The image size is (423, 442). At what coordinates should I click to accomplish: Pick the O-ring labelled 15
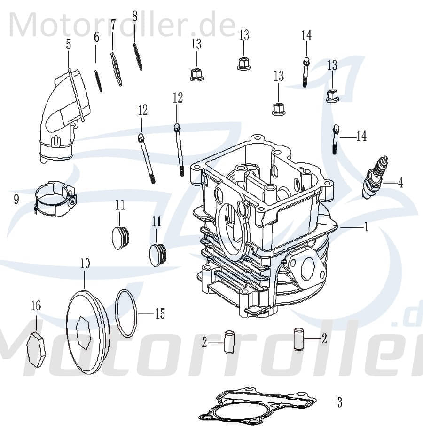click(x=126, y=313)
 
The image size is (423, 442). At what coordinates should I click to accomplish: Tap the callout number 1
click(x=366, y=227)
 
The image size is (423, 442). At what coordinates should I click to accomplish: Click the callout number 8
click(x=135, y=17)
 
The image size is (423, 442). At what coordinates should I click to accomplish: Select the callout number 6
click(x=96, y=38)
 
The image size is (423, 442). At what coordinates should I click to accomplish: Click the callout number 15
click(x=160, y=313)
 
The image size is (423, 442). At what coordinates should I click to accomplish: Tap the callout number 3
click(x=339, y=402)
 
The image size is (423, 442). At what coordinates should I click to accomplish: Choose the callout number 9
click(x=16, y=201)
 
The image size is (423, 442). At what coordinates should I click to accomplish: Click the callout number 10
click(x=85, y=264)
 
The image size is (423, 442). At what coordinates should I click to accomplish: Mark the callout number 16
click(x=36, y=306)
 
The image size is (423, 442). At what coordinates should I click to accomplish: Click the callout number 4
click(x=400, y=183)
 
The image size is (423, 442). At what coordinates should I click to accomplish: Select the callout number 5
click(x=69, y=45)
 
